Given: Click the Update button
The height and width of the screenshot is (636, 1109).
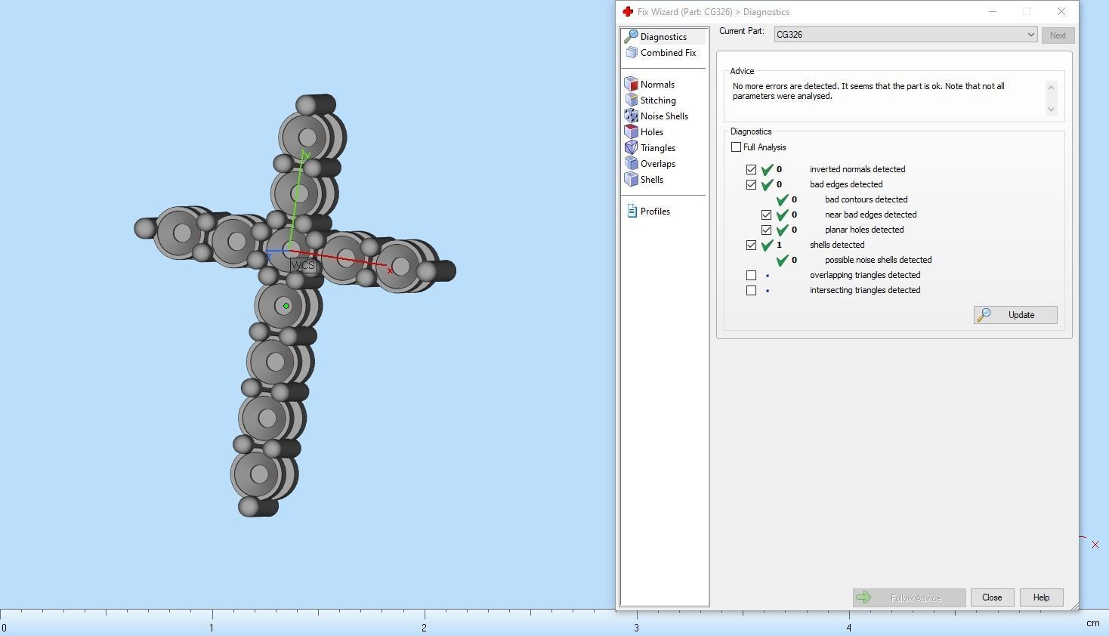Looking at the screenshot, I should (1015, 315).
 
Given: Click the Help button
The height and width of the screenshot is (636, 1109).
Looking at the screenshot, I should (1041, 597).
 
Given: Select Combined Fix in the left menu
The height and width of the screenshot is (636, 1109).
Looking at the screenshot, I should (668, 53).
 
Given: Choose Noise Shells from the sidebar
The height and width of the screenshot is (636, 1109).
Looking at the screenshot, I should (663, 116).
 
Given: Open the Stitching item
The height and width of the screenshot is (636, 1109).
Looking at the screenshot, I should (657, 100).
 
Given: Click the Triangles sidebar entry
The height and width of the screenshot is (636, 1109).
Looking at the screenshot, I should (657, 148).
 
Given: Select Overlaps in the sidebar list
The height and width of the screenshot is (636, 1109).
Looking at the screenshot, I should (657, 164).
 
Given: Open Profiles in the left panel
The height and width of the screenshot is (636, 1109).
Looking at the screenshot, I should (654, 211).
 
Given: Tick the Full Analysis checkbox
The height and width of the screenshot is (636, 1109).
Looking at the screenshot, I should (737, 147).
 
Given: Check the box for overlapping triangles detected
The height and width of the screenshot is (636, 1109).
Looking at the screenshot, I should (751, 275).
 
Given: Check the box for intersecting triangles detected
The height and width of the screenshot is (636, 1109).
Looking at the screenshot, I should (751, 290).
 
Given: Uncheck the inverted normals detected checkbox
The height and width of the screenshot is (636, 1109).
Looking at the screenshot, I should (751, 169).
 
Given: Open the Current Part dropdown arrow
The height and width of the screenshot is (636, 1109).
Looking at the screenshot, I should (1030, 35).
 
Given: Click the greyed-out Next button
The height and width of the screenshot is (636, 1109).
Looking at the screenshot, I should (1058, 36).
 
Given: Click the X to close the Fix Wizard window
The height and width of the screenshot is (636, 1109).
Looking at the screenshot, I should (1061, 11).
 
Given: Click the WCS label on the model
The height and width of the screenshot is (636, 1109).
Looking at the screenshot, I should (303, 266).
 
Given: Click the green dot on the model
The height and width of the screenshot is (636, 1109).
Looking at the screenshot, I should (286, 306).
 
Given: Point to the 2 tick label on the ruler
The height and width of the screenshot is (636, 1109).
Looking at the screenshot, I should (424, 628).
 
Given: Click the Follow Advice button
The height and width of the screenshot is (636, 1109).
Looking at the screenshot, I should (909, 598).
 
